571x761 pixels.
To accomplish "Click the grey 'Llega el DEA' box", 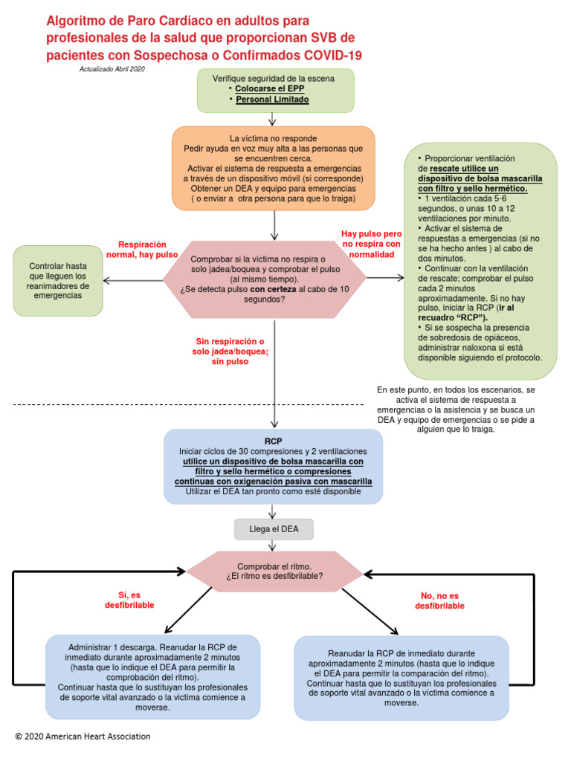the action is tap(274, 529).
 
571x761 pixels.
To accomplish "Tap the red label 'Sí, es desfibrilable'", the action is tap(129, 600).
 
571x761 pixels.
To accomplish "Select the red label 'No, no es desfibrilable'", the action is tap(439, 600).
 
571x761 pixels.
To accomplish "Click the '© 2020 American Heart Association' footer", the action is tap(83, 736).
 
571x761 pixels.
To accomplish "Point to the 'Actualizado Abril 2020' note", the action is tap(112, 69).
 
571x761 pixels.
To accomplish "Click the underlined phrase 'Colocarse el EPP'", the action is tap(269, 89).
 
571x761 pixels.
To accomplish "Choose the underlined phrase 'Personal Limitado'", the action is tap(272, 100).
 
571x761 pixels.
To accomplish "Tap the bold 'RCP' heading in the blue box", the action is tap(274, 441).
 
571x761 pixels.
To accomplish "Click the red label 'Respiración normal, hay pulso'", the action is tap(142, 250).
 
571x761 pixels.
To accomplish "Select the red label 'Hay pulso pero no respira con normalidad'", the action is tap(372, 244).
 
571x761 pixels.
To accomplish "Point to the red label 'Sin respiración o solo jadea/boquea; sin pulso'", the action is tap(230, 352).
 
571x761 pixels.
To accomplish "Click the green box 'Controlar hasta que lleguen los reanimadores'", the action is tap(58, 281).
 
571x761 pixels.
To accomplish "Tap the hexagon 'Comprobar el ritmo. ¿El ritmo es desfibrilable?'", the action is tap(274, 571).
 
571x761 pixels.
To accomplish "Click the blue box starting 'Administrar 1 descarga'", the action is tap(153, 677).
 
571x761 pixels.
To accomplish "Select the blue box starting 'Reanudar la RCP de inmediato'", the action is tap(401, 678).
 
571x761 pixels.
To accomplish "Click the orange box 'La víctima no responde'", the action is tap(274, 169).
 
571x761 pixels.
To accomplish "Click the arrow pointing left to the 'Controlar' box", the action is tap(133, 280).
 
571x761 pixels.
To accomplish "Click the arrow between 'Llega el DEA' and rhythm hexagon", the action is tap(272, 545).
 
